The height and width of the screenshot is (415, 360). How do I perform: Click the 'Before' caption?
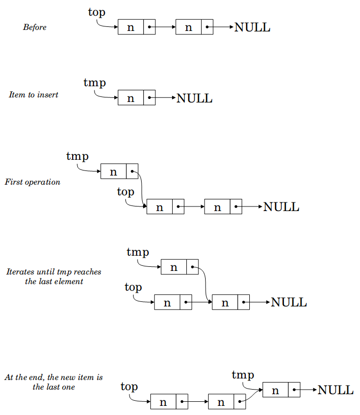point(35,27)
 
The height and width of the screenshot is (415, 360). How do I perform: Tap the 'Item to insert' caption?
point(34,94)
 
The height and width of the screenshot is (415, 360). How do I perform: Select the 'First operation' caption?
point(32,182)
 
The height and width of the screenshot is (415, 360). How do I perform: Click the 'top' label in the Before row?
point(96,13)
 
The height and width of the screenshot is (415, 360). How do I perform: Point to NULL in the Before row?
point(252,27)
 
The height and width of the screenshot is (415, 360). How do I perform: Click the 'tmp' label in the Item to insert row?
point(94,83)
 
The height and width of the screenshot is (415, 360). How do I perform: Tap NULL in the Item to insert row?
point(194,98)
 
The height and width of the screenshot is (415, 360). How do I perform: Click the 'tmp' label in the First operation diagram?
point(77,156)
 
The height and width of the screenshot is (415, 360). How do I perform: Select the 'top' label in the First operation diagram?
point(125,192)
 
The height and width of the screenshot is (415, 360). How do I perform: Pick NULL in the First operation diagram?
point(281,207)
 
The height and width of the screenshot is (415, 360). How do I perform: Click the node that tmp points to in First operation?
point(119,171)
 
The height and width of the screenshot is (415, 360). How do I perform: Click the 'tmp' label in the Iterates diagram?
point(138,252)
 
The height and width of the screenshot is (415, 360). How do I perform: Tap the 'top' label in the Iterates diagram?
point(133,288)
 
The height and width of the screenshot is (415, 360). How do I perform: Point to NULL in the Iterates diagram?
point(289,302)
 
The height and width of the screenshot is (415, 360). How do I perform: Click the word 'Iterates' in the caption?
point(20,272)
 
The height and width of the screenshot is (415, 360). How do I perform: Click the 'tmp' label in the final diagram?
point(243,375)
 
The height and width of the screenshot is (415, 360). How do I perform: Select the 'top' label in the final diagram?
point(129,387)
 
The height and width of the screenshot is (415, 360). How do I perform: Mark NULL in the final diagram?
point(335,390)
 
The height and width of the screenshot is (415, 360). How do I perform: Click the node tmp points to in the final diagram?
point(281,390)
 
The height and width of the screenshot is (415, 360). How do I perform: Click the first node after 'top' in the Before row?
point(137,27)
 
